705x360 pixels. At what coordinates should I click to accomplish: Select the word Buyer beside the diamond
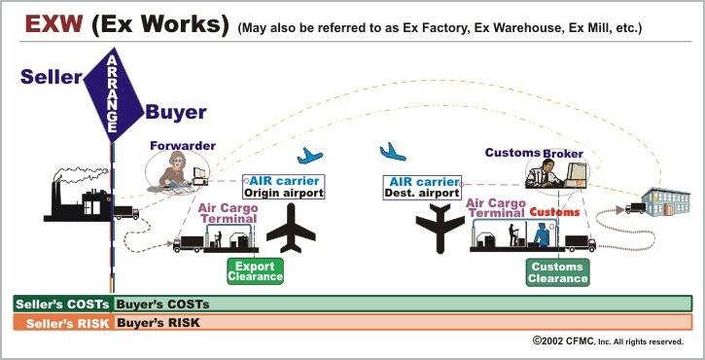pos(176,112)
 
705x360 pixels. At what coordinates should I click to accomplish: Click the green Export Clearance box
pos(255,270)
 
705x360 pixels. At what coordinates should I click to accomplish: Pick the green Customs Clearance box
pos(558,271)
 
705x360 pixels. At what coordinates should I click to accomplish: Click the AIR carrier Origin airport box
pos(282,186)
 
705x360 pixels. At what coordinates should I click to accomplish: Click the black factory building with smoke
pos(82,198)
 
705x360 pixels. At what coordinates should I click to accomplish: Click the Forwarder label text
pos(183,146)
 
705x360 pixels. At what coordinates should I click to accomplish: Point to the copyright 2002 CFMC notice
pos(608,342)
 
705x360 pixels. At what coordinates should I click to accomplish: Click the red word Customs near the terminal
pos(555,211)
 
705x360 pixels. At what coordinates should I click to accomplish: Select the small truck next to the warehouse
pos(636,207)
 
